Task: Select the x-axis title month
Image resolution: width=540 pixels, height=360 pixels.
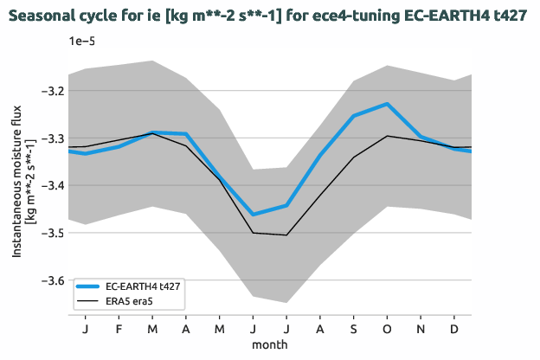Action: tap(270, 344)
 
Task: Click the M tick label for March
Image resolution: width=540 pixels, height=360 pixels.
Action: tap(152, 329)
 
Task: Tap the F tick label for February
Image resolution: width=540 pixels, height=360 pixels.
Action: tap(119, 329)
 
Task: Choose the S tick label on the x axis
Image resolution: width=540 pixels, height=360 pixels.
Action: tap(354, 329)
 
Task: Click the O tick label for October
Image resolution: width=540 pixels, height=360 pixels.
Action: tap(387, 329)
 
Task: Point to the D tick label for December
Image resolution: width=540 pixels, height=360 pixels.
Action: tap(454, 329)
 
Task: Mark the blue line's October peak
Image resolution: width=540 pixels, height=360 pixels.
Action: tap(387, 104)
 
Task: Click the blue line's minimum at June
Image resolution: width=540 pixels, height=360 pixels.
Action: tap(253, 215)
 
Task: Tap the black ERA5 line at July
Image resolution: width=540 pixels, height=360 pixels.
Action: tap(286, 235)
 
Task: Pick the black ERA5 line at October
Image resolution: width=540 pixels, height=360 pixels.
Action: tap(387, 136)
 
